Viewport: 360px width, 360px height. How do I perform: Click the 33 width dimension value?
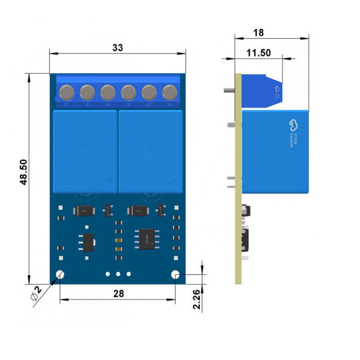(x=118, y=48)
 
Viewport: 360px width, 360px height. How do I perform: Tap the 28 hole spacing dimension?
(x=118, y=294)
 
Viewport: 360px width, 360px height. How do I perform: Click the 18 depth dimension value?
(x=258, y=32)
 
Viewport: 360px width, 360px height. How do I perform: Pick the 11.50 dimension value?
(x=258, y=53)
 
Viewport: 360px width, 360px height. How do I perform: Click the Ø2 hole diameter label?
(x=36, y=293)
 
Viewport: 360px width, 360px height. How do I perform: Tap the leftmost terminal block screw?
(x=67, y=92)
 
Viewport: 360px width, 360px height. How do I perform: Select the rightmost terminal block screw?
(x=170, y=92)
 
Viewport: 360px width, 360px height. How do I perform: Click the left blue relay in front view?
(x=85, y=151)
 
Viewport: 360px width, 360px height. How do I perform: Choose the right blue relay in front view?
(x=150, y=151)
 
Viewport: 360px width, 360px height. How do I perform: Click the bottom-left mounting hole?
(x=60, y=275)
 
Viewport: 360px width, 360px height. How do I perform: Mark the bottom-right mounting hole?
(x=175, y=275)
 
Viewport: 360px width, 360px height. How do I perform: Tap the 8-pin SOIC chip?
(x=147, y=238)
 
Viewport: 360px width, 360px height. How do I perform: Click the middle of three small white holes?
(x=118, y=274)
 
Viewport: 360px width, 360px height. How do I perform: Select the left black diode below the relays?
(x=84, y=211)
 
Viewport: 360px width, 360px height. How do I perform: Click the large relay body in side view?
(x=275, y=151)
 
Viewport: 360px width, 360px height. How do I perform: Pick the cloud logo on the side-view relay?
(x=293, y=125)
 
